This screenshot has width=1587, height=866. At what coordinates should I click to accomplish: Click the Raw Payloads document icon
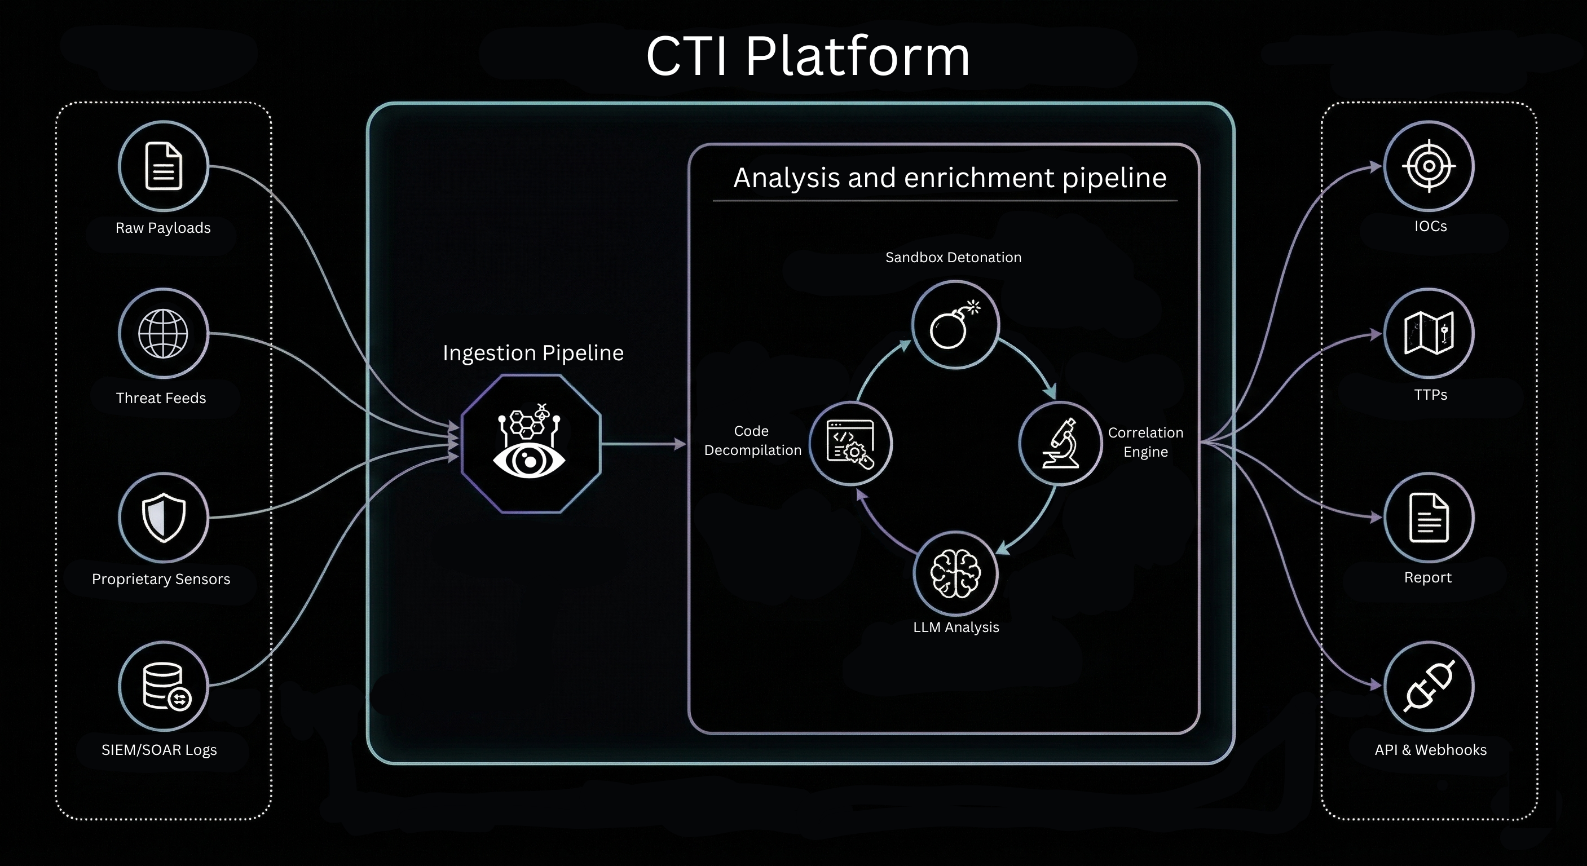tap(163, 166)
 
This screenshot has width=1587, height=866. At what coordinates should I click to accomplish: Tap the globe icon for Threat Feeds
tap(163, 333)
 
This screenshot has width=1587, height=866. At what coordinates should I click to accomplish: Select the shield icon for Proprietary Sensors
tap(163, 518)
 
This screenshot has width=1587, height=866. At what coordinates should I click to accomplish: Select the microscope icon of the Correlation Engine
tap(1060, 444)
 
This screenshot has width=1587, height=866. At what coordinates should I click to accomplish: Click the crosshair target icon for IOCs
tap(1429, 166)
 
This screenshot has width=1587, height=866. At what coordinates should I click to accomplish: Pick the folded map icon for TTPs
tap(1429, 333)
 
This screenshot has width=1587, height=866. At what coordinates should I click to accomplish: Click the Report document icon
tap(1429, 518)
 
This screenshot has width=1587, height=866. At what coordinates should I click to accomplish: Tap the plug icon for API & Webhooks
tap(1429, 686)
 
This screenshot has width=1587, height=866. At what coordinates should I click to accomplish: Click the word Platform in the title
tap(857, 57)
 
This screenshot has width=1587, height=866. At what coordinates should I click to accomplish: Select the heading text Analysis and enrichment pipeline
tap(949, 178)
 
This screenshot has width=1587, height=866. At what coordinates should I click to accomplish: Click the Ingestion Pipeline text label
tap(533, 353)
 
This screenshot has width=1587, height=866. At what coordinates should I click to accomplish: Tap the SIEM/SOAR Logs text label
tap(159, 750)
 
